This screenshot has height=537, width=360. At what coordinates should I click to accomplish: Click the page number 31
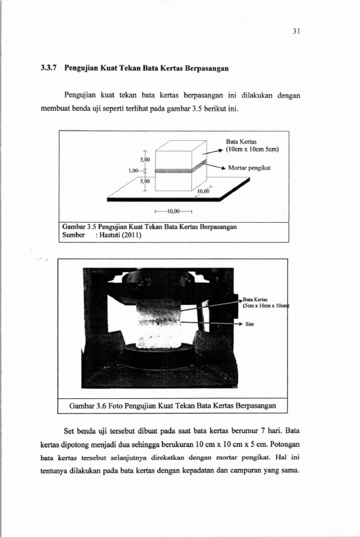[297, 31]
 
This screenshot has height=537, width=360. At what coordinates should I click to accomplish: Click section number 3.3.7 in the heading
[49, 68]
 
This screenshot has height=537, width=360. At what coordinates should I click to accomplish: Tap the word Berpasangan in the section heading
[207, 68]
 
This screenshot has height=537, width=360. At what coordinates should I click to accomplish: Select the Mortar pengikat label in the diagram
[249, 168]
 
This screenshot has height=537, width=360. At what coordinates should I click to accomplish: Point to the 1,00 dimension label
[133, 171]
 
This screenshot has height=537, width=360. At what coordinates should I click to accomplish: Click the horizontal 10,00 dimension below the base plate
[173, 211]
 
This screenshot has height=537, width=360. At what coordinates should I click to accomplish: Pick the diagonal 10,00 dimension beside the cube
[203, 191]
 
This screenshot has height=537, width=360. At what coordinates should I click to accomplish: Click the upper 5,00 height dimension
[145, 159]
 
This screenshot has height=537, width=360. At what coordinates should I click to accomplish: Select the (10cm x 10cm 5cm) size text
[252, 149]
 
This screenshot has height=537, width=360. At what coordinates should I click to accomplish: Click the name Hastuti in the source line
[110, 235]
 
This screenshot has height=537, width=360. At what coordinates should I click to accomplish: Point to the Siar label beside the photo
[249, 324]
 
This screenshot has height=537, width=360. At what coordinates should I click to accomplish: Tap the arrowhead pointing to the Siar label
[240, 324]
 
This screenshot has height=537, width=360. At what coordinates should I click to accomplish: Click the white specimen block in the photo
[159, 324]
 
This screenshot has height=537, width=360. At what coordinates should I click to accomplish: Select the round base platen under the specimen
[159, 356]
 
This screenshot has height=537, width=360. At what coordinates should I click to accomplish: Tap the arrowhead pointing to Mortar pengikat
[223, 168]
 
